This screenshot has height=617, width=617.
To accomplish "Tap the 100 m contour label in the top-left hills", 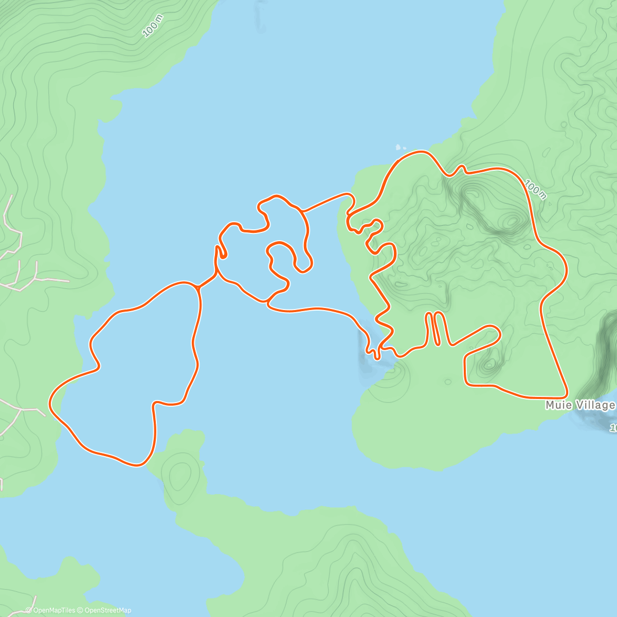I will (x=153, y=26).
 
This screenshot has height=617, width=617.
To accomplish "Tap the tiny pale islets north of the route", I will (x=400, y=148).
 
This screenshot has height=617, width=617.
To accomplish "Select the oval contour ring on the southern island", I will (x=179, y=476).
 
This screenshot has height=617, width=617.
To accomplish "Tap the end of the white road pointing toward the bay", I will (x=68, y=281).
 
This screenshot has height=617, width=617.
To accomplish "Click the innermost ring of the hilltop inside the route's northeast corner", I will (x=512, y=221).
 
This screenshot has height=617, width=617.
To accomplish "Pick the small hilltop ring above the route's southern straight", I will (x=488, y=365).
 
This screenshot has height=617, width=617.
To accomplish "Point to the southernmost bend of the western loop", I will (x=136, y=465).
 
